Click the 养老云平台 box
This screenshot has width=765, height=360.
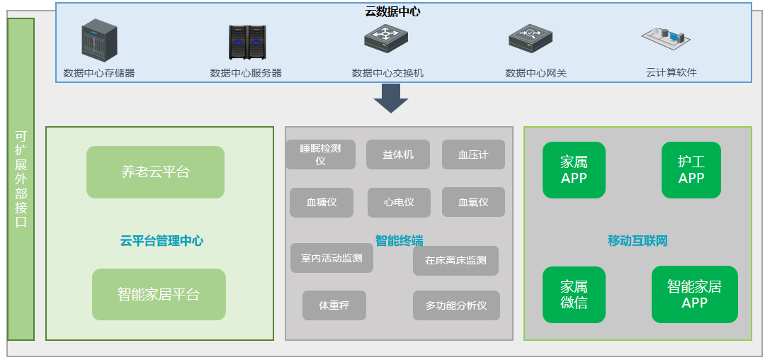155,172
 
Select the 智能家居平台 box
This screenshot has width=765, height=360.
159,294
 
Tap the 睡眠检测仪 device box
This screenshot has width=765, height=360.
320,154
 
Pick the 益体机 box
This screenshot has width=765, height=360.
398,154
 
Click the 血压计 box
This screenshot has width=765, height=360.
473,154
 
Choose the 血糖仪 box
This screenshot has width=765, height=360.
321,202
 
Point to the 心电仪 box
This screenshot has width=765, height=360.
398,202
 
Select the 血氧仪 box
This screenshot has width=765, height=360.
473,202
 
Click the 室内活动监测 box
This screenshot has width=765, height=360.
331,258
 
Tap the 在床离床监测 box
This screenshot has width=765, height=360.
455,260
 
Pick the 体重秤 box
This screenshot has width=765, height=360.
334,305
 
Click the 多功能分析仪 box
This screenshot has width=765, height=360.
456,305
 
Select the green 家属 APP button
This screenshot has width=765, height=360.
574,170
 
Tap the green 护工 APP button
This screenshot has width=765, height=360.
691,170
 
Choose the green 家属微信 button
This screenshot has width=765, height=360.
574,295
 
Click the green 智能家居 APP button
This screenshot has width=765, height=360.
694,294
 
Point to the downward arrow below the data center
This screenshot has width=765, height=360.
391,99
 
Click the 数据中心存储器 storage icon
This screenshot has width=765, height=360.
99,39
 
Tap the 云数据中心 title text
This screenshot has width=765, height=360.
394,11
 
